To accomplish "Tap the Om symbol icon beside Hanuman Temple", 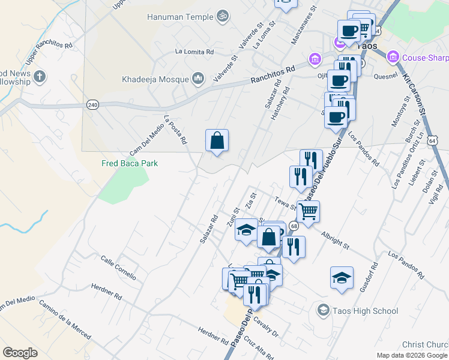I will pyautogui.click(x=223, y=15).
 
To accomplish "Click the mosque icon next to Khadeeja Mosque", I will pyautogui.click(x=199, y=79).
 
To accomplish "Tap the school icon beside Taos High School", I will pyautogui.click(x=323, y=310).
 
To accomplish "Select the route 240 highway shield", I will pyautogui.click(x=92, y=104).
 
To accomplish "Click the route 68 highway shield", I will pyautogui.click(x=294, y=226).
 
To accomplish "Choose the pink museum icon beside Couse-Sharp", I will pyautogui.click(x=393, y=57).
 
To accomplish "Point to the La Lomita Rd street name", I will pyautogui.click(x=194, y=52).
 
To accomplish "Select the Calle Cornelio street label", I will pyautogui.click(x=118, y=268).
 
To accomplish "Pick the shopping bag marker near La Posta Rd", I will pyautogui.click(x=217, y=141).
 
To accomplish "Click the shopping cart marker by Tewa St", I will pyautogui.click(x=308, y=211).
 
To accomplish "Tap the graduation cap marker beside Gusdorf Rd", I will pyautogui.click(x=342, y=278).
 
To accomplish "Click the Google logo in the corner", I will pyautogui.click(x=20, y=353).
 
